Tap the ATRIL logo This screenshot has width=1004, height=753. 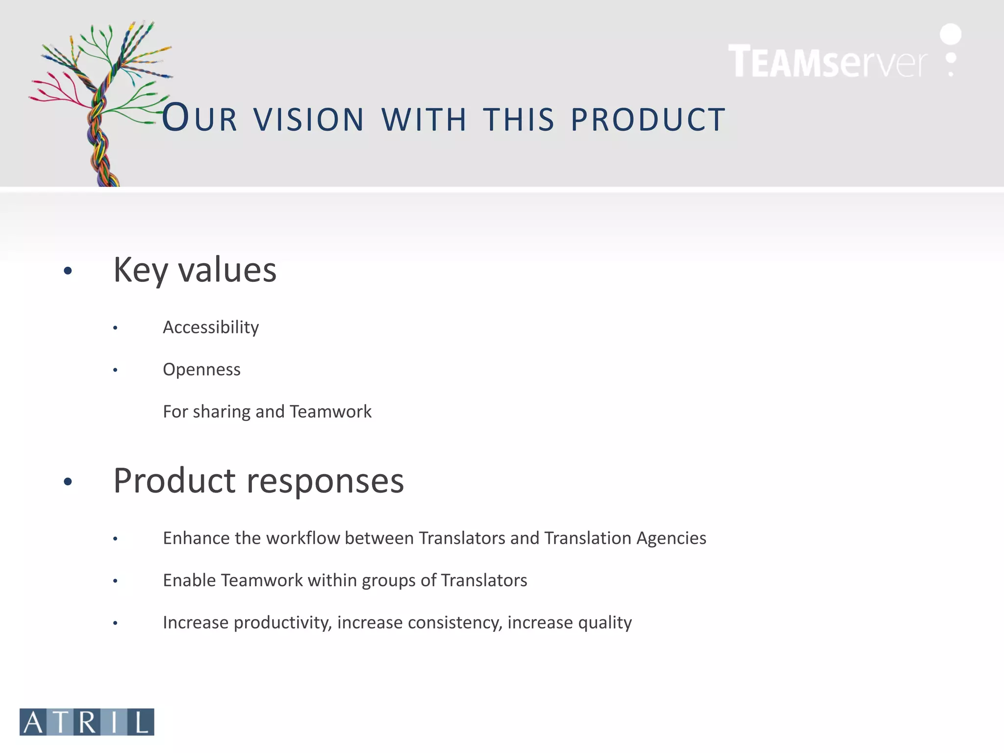tap(87, 722)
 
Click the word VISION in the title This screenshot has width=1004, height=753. tap(309, 120)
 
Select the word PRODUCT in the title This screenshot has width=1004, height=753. tap(648, 120)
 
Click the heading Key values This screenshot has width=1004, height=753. tap(195, 270)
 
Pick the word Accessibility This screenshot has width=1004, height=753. tap(211, 327)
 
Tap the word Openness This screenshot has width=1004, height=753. tap(201, 369)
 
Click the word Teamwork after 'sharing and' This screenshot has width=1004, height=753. tap(330, 411)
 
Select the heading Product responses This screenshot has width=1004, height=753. tap(258, 480)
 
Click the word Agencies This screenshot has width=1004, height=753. tap(671, 538)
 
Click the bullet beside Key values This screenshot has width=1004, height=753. tap(68, 271)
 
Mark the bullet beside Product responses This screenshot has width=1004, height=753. tap(68, 481)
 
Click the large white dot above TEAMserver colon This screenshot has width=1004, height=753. tap(951, 34)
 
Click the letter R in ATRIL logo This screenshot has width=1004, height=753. tap(88, 722)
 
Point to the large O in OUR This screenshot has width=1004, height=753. tap(175, 118)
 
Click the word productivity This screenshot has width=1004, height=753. tap(283, 623)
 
